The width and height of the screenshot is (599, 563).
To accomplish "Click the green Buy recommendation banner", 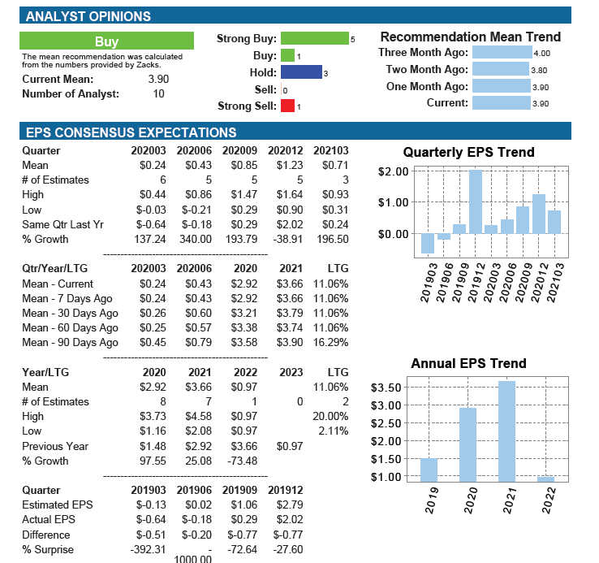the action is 106,41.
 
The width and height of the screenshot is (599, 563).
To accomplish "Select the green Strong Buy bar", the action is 315,38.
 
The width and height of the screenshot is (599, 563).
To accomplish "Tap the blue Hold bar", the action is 301,72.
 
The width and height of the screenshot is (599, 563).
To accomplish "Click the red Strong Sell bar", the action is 287,106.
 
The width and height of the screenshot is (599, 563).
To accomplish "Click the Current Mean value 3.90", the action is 158,79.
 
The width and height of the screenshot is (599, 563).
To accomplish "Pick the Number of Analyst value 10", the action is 158,94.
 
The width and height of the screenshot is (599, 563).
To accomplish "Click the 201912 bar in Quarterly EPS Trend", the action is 476,201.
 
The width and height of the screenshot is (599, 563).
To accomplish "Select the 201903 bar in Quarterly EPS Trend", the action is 428,243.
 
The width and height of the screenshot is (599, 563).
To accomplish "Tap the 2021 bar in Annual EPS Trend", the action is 506,431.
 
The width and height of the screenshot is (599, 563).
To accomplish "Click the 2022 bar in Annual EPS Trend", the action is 545,479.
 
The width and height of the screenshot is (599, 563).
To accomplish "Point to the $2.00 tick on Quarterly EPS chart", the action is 393,171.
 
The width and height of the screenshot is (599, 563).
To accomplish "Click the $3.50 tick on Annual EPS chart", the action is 386,388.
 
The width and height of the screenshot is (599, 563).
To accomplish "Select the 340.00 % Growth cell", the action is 196,240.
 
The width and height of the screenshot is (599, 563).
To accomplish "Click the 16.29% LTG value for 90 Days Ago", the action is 331,342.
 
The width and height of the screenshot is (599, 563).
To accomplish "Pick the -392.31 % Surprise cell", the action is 149,550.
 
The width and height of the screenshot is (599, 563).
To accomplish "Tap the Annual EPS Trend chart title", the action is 469,363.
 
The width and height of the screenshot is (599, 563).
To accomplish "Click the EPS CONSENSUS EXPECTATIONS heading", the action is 131,132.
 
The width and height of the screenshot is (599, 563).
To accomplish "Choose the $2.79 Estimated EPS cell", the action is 290,505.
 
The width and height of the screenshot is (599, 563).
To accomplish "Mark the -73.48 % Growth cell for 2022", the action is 243,461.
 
